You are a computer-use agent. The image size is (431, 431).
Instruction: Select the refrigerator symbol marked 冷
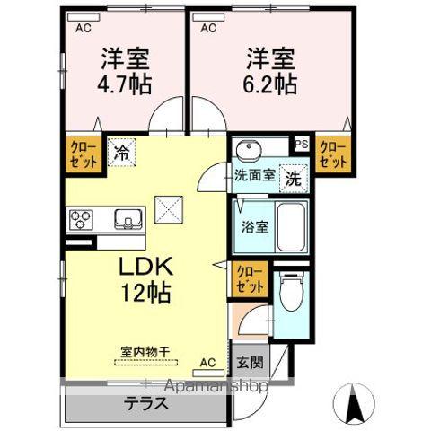[120, 152]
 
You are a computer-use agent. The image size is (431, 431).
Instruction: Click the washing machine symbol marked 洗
[293, 177]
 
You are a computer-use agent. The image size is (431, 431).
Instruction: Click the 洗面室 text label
[254, 176]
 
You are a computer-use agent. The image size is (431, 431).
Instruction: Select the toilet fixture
[290, 292]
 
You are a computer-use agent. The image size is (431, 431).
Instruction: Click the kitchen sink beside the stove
[127, 217]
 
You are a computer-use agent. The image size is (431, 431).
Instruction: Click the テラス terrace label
[146, 403]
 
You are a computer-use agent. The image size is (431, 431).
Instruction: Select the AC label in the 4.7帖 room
[82, 28]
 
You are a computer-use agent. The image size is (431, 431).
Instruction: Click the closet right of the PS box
[333, 154]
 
